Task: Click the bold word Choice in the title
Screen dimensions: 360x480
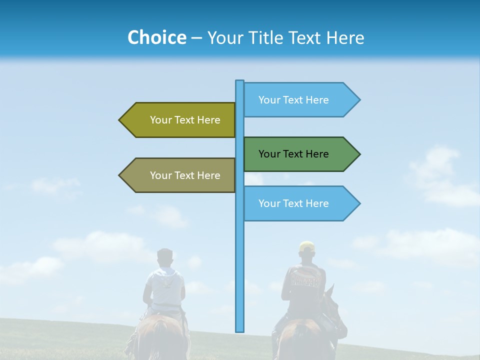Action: point(156,37)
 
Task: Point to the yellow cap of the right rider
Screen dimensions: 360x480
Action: point(306,246)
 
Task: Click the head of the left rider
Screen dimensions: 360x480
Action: point(164,258)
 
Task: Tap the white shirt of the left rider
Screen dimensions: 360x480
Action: point(165,287)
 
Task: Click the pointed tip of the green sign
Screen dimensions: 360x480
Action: point(359,154)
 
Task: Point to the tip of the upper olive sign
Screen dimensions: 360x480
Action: point(120,120)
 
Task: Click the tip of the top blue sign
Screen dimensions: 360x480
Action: point(359,100)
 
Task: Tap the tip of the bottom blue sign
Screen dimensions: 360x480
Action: point(359,203)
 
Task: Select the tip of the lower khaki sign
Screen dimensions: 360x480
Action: point(120,175)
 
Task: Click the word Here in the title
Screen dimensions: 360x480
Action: point(345,37)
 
